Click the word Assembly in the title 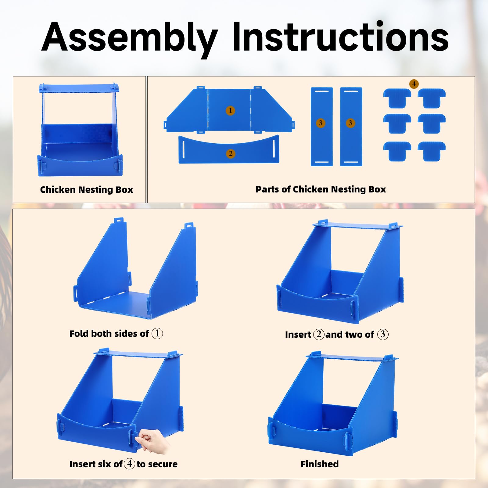coord(130,39)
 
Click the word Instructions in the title coord(340,37)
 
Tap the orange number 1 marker coord(230,110)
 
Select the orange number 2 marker coord(231,153)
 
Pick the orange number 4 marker coord(414,84)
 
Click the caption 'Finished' coord(320,464)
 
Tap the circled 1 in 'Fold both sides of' coord(157,333)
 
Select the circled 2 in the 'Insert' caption coord(319,334)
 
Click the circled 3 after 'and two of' coord(383,334)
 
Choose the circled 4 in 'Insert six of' coord(129,464)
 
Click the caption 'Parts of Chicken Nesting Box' coord(321,189)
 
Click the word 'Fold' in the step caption coord(79,333)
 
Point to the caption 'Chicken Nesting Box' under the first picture coord(87,190)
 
